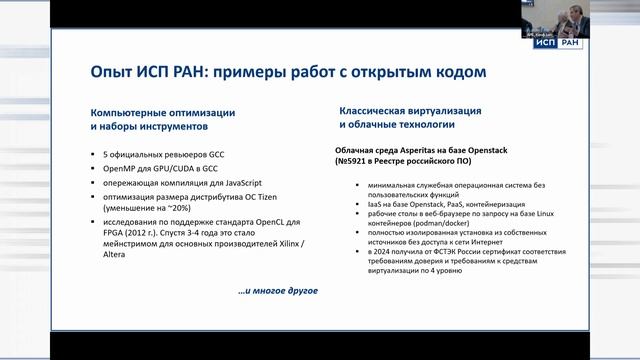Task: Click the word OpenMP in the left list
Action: pyautogui.click(x=120, y=170)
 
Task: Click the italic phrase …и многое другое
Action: pyautogui.click(x=277, y=291)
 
